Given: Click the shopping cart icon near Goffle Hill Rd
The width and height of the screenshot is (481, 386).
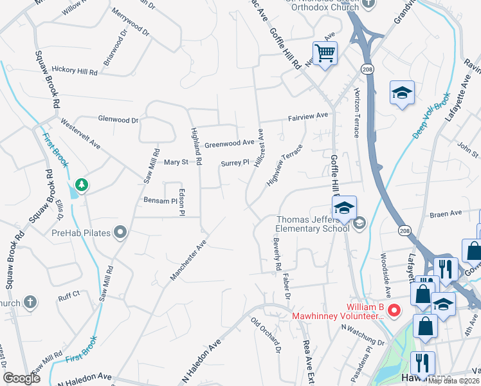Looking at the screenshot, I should point(325,53).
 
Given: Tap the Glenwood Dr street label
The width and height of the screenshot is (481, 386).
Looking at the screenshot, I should point(118,119).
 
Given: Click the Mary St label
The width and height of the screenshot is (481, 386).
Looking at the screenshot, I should point(176,162).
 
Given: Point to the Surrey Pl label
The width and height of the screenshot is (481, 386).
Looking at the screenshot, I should point(235,163).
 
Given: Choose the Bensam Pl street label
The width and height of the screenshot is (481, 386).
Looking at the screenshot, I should point(160,201).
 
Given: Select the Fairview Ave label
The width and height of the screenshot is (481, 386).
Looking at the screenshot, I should point(309,115).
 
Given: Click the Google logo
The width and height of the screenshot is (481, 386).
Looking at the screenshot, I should point(22,378).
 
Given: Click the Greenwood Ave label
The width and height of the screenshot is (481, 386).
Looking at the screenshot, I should point(230,143).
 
